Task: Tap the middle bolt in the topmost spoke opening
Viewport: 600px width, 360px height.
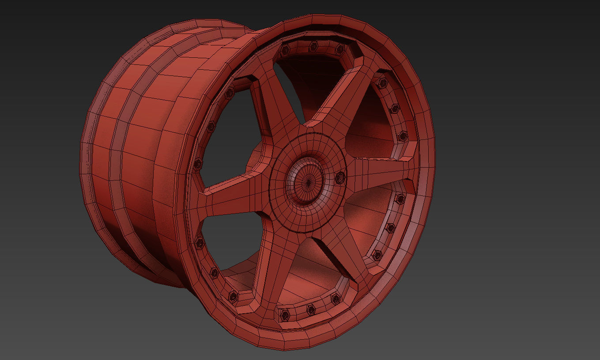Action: coord(314,46)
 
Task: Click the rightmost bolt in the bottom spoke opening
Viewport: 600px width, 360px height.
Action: coord(335,299)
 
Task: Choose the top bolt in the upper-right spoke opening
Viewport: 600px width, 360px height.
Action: coord(382,83)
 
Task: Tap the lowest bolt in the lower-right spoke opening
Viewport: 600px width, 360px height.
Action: coord(377,255)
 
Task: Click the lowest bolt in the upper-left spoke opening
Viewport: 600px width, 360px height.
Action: coord(198,164)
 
